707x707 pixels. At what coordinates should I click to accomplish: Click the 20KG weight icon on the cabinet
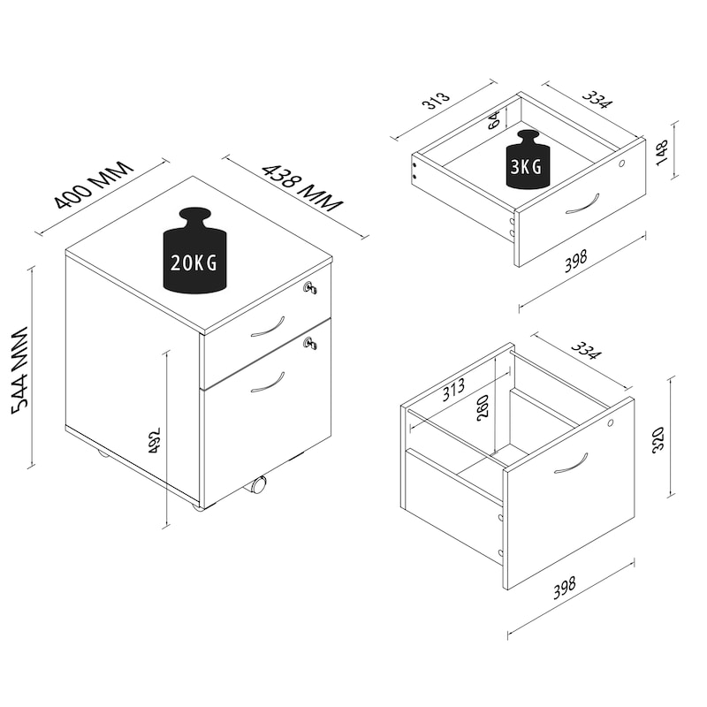point(194,250)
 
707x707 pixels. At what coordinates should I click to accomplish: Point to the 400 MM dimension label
point(94,185)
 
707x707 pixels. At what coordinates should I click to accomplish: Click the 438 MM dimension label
point(302,187)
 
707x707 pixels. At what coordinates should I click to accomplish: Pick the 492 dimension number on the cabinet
point(154,440)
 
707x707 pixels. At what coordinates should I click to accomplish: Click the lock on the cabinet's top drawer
point(310,288)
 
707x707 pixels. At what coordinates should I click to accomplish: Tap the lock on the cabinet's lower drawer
point(310,343)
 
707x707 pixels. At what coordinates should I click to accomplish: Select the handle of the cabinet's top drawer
point(268,326)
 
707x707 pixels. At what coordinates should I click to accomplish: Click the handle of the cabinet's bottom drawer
point(268,382)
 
